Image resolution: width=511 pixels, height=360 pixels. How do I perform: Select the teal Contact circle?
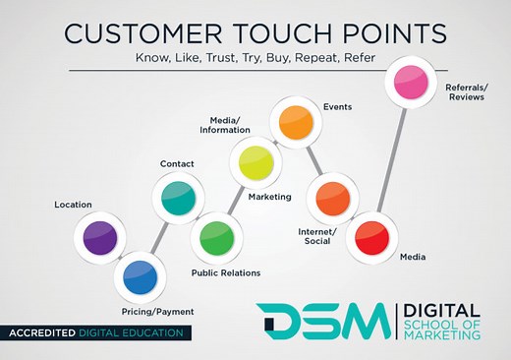click(x=178, y=196)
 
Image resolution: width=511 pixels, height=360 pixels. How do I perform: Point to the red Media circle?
click(x=371, y=236)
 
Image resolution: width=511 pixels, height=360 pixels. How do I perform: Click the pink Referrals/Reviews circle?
click(x=409, y=83)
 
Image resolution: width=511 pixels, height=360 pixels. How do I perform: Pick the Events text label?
click(x=338, y=105)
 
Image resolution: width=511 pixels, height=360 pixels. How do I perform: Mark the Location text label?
click(x=74, y=205)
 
